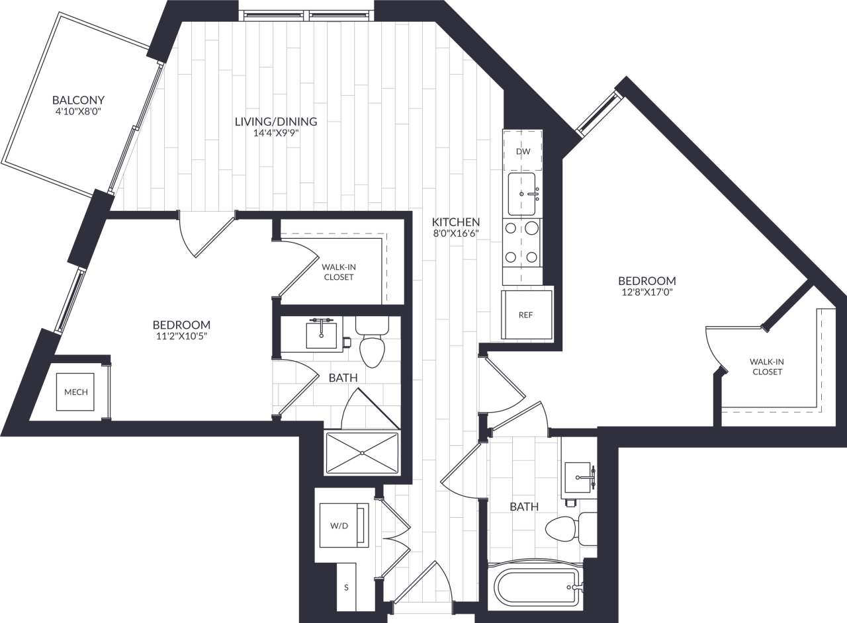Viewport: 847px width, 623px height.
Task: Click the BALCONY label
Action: [x=78, y=101]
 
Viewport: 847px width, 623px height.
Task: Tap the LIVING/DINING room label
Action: [x=276, y=122]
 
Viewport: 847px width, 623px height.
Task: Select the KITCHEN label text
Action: [x=456, y=222]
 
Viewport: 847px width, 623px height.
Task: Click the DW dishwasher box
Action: [x=523, y=151]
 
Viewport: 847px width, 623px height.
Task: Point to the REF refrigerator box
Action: [x=526, y=315]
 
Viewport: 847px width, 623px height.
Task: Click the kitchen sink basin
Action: [x=522, y=194]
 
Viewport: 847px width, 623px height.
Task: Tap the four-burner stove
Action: [x=522, y=242]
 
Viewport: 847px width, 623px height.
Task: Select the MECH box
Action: [x=75, y=392]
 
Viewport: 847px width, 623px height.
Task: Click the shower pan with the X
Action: [x=362, y=453]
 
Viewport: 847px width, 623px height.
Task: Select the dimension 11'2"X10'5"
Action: [x=181, y=337]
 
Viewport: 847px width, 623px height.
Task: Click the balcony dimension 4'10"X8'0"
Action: [x=78, y=112]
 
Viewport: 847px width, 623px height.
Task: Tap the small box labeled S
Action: [x=347, y=587]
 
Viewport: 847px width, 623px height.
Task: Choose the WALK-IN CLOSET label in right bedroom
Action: [x=766, y=366]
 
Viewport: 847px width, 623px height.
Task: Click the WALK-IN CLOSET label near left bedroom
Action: [x=338, y=272]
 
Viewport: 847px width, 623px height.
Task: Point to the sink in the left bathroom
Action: [x=322, y=334]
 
